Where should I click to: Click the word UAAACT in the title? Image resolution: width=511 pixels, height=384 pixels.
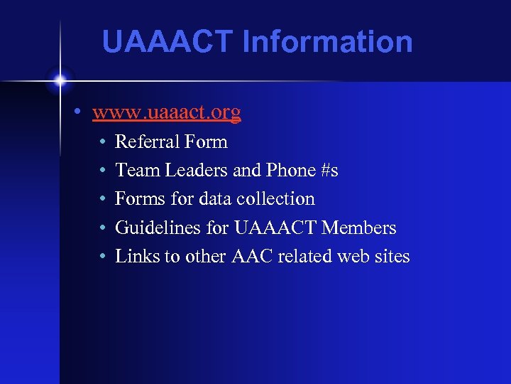[x=167, y=41]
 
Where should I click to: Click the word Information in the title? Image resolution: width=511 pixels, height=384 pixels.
[x=327, y=41]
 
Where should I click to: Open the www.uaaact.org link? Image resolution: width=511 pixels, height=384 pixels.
[x=167, y=112]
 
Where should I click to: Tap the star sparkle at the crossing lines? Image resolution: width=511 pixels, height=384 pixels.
[x=60, y=80]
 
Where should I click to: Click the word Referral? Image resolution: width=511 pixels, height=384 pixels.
[x=146, y=142]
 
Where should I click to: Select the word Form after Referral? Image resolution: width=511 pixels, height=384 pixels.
[x=205, y=142]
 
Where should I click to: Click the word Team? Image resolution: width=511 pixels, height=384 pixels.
[x=135, y=171]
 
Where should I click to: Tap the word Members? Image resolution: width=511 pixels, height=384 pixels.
[x=359, y=228]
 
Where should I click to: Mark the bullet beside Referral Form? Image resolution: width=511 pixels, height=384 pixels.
[x=103, y=142]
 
